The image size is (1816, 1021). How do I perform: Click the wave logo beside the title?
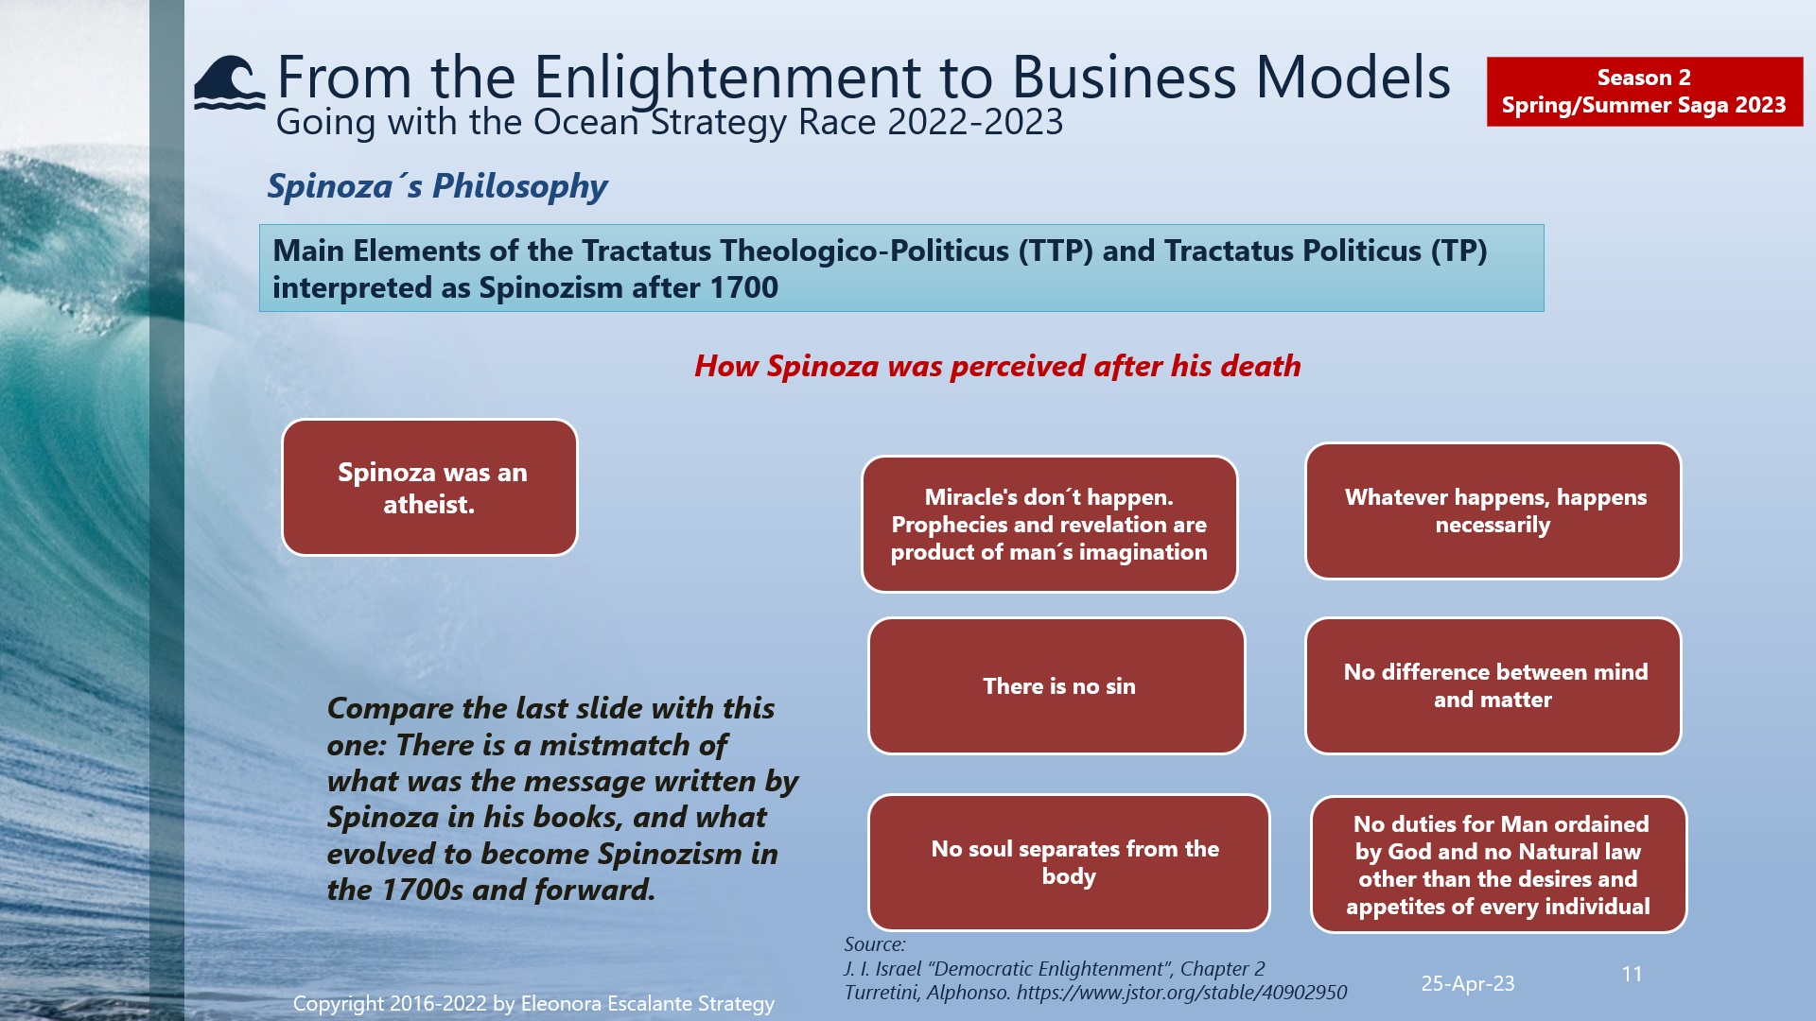(229, 84)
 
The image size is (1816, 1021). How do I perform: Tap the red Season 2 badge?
(1644, 92)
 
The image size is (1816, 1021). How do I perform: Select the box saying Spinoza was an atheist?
(429, 488)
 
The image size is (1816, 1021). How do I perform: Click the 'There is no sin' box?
(1056, 686)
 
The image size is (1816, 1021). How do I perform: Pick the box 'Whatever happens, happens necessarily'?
(1493, 510)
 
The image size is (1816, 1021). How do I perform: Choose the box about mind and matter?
(1493, 686)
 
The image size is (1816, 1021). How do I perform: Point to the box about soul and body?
(1069, 862)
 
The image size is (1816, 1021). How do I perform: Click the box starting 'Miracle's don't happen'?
(1049, 525)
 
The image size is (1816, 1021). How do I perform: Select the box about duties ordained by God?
(1498, 864)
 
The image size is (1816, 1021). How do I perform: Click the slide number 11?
(1632, 974)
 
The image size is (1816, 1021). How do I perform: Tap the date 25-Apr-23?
(1467, 983)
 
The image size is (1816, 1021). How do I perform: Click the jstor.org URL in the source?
(1181, 993)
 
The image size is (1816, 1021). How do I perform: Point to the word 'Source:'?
(874, 944)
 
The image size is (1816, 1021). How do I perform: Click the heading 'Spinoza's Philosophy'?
(437, 186)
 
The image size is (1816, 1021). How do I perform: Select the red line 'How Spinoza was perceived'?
(997, 366)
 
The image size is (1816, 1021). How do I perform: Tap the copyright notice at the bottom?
(533, 1003)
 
